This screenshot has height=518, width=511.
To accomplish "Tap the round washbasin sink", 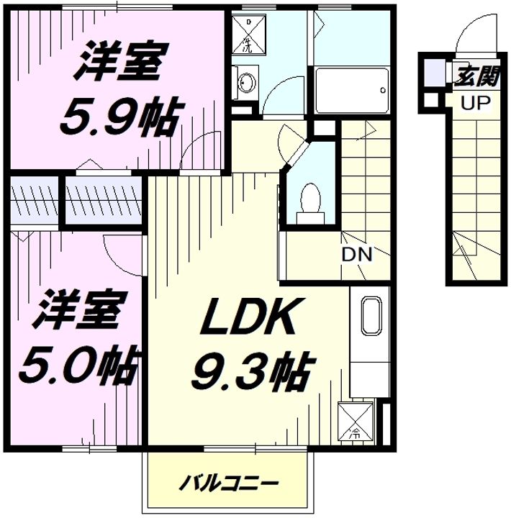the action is pos(247,82).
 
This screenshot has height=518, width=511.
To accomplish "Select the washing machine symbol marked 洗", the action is pos(248,34).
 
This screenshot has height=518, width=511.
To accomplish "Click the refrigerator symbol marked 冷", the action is pos(356,421).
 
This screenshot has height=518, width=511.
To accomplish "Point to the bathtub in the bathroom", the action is pos(351,90).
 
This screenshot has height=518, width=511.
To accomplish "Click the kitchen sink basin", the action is pos(371,316).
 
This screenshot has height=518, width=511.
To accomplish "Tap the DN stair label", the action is pos(357,255).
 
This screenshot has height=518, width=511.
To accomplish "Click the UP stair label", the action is pos(475,103).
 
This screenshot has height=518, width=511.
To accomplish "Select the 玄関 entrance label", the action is pos(477,77).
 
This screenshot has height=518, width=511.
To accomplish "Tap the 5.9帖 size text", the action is pos(121,117).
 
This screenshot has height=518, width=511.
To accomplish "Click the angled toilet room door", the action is pos(297,154).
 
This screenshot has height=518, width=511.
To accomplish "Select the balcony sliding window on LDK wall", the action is pos(256,449).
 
